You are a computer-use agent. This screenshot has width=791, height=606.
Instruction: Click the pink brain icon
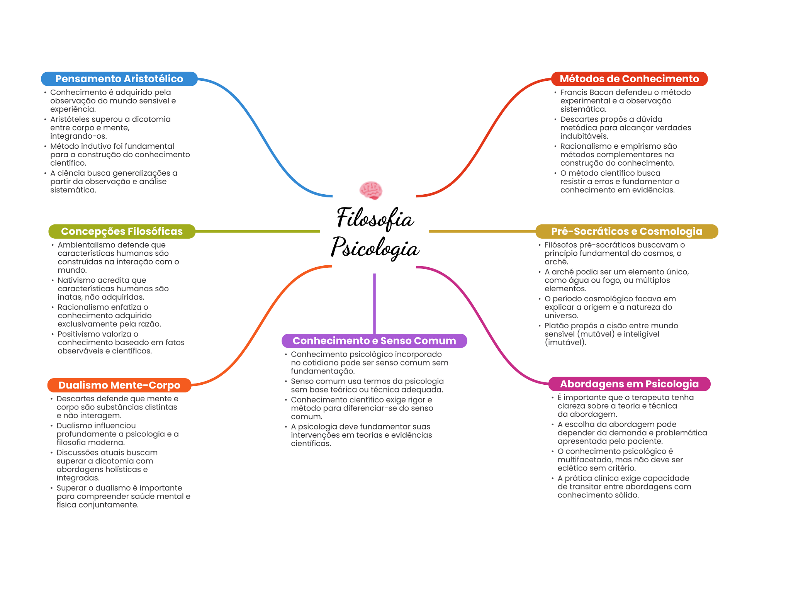pos(371,190)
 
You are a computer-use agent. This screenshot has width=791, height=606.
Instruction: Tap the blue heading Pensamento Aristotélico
pos(119,79)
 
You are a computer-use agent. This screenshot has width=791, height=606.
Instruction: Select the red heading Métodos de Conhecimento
pos(629,79)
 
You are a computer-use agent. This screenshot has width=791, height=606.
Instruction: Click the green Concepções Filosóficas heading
pos(122,231)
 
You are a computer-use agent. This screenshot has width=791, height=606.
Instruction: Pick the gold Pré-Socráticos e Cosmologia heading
pos(626,231)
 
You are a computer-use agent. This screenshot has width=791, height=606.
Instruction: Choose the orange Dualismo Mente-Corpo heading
pos(119,385)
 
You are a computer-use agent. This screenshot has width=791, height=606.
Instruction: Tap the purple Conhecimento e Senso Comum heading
pos(374,341)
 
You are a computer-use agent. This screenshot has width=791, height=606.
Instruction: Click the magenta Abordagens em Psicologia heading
pos(629,384)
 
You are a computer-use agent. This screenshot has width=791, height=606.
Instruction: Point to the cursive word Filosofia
pos(375,218)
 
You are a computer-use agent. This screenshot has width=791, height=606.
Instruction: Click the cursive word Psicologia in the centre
pos(375,248)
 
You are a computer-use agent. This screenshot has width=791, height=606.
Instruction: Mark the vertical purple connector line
pos(374,303)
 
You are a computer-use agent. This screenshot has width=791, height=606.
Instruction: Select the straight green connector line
pos(257,231)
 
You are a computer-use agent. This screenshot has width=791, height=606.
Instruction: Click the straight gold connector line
pos(482,231)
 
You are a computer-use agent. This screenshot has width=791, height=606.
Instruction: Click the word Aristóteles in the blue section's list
pos(72,119)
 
